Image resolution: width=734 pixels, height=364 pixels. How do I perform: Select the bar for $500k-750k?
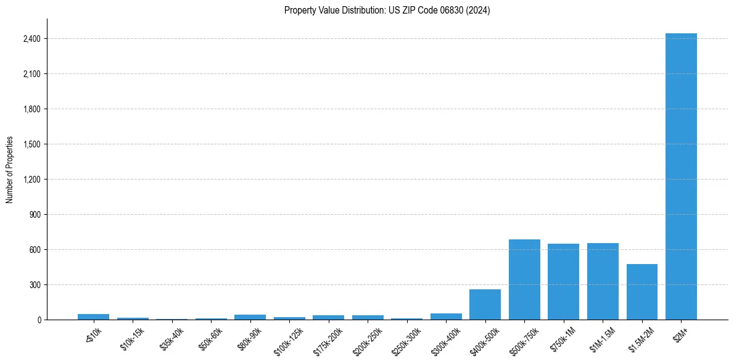524,279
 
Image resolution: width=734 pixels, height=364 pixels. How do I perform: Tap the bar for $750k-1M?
563,282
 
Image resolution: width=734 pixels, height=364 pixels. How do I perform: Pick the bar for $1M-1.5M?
603,281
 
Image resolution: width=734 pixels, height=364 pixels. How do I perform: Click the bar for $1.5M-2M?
641,292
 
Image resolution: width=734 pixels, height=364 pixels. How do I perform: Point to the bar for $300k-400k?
446,316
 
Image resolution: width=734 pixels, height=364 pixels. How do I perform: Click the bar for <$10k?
93,317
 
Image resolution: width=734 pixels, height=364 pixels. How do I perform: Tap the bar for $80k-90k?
250,317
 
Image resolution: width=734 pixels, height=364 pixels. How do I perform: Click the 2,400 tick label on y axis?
31,39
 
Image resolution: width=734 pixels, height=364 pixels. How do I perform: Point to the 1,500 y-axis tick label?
31,144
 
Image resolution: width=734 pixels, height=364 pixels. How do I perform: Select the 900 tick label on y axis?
35,215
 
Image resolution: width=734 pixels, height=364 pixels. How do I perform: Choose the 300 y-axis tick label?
35,285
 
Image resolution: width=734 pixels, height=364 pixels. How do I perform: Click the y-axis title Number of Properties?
9,170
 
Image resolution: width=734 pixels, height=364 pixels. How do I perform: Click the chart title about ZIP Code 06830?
387,10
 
